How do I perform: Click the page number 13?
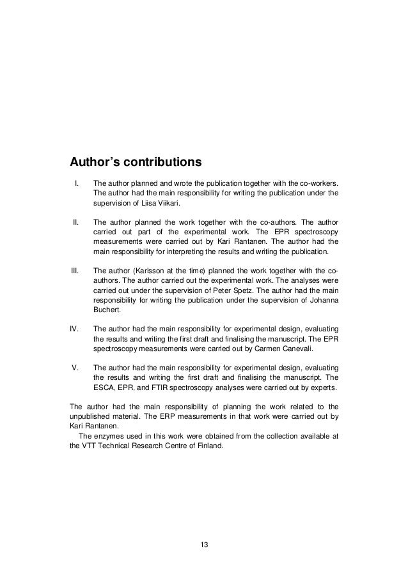click(x=204, y=545)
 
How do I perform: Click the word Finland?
click(x=211, y=446)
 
